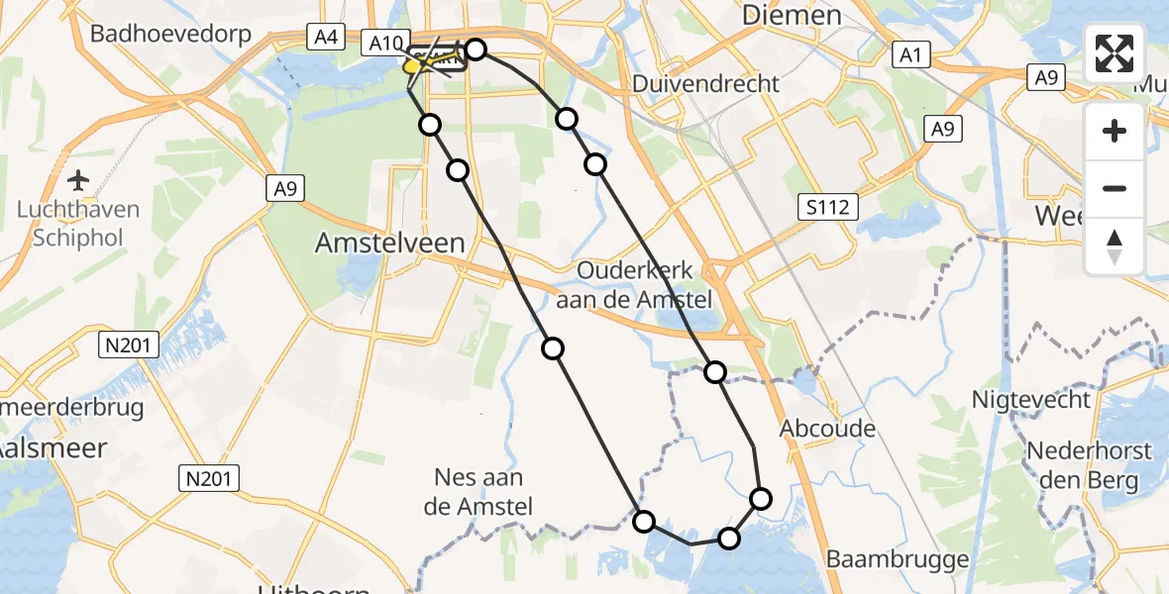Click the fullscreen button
1115,53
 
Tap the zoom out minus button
1115,188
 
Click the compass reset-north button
1115,247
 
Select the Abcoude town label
828,428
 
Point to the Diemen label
791,15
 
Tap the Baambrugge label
898,559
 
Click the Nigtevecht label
1031,400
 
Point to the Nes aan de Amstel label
478,492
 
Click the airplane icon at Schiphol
78,180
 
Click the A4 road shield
324,38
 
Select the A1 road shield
909,54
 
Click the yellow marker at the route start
413,67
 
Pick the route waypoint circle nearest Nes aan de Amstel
644,521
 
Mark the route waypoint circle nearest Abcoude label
761,498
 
